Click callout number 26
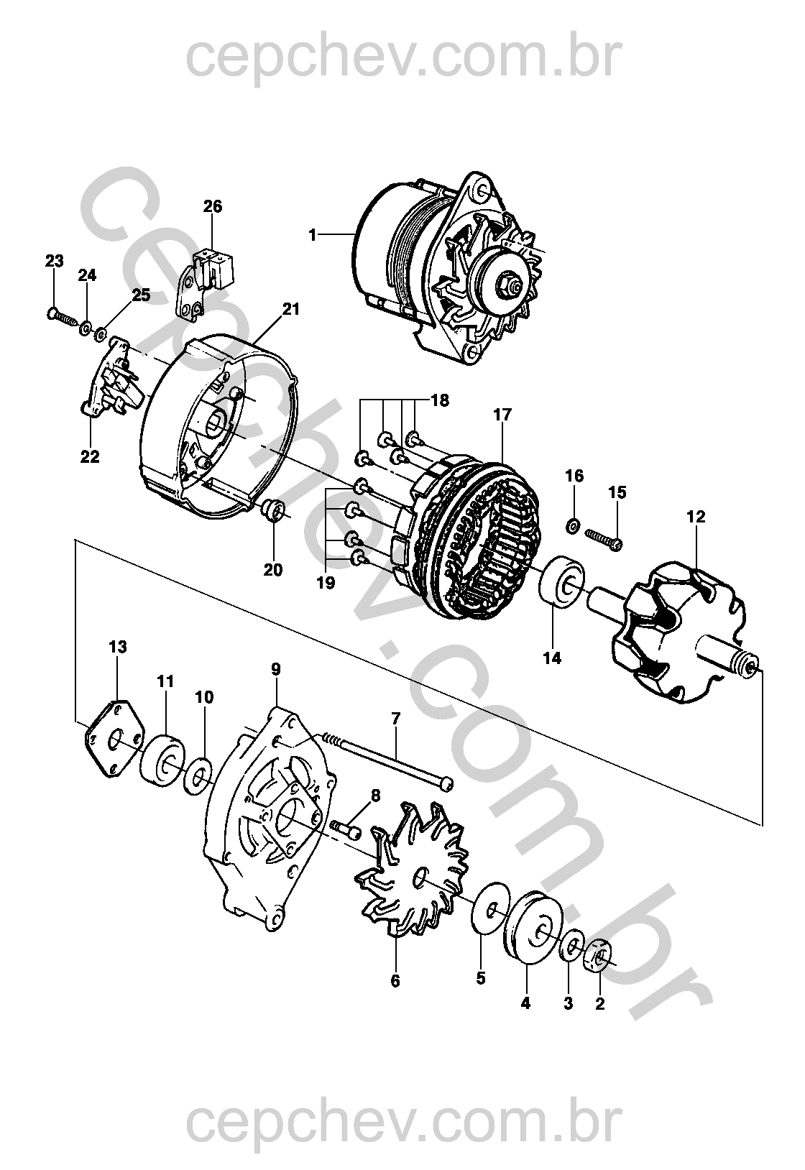point(213,206)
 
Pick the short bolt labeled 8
point(345,829)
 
